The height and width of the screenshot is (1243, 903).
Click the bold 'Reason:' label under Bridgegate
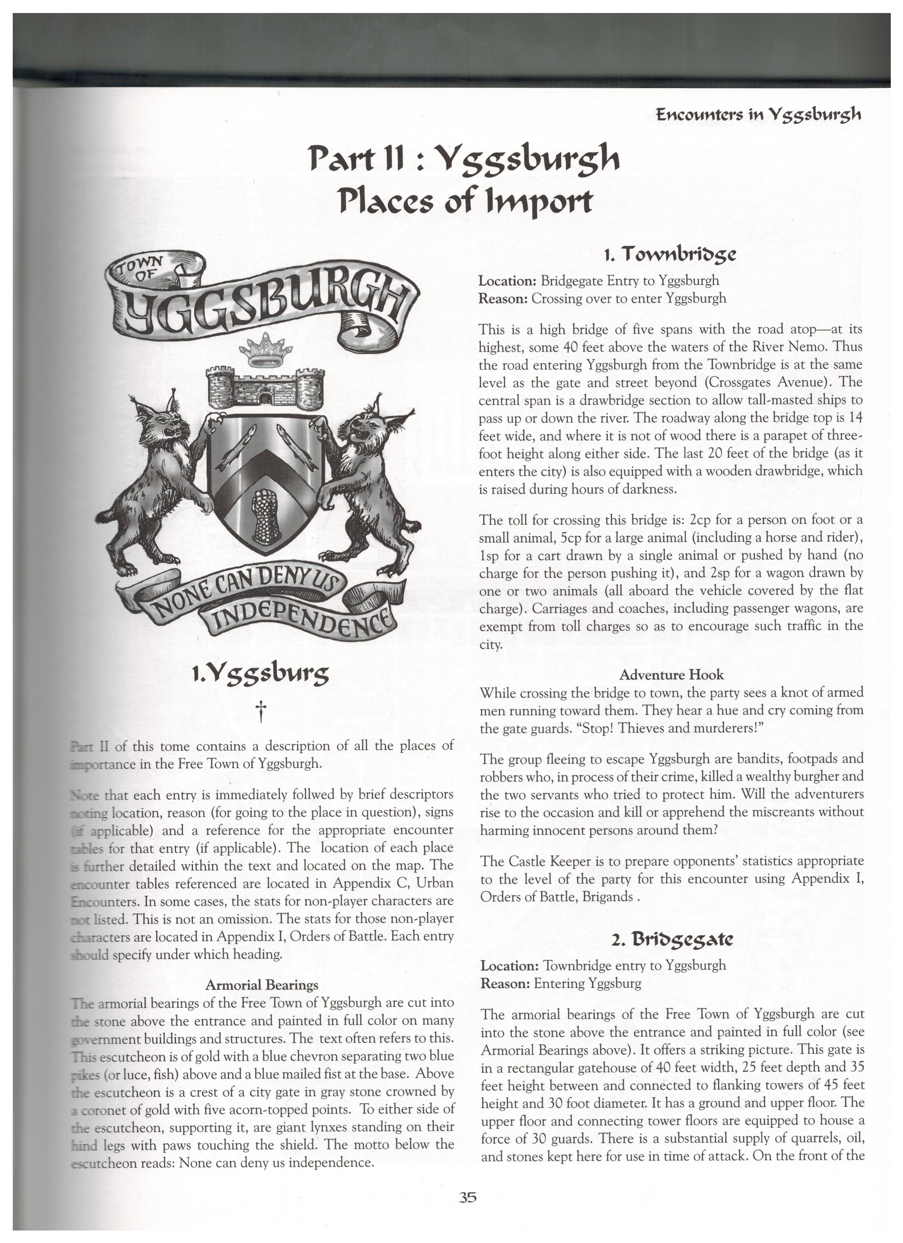tap(505, 983)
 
